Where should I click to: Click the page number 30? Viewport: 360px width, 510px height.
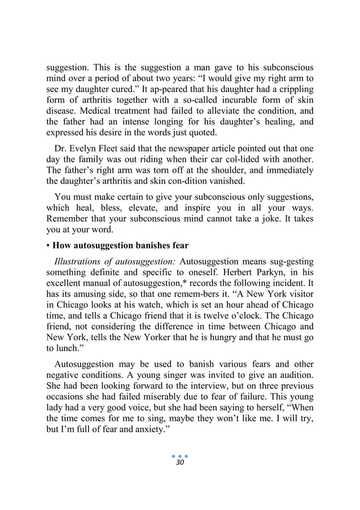pos(180,462)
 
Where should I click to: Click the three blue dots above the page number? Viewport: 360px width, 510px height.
pos(180,454)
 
